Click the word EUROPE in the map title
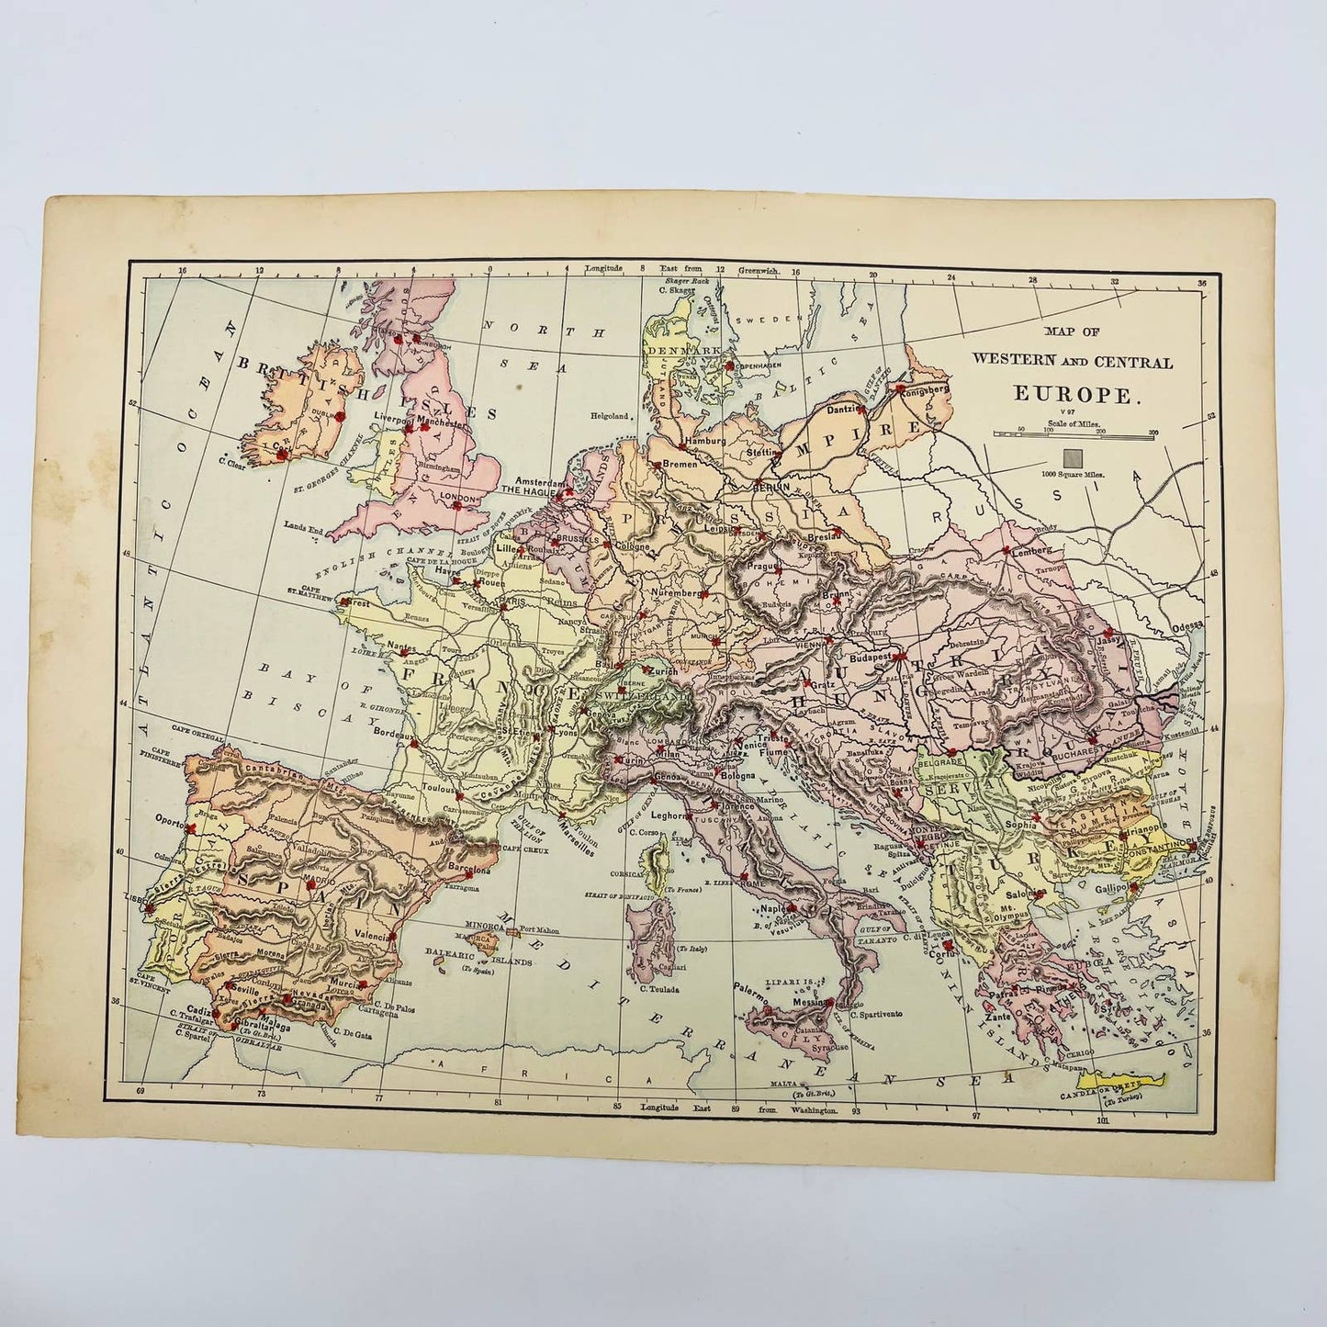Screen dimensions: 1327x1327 click(1077, 395)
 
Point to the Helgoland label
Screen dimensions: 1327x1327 click(611, 416)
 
